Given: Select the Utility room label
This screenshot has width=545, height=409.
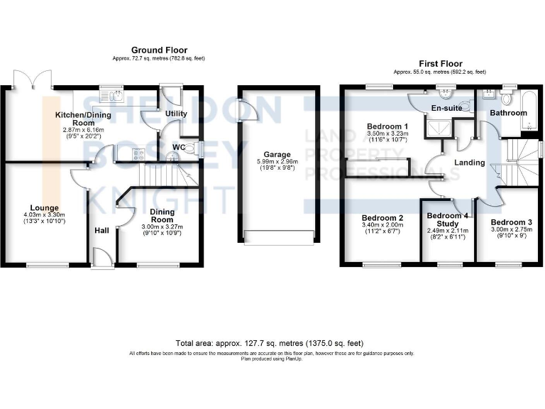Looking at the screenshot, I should click(175, 114).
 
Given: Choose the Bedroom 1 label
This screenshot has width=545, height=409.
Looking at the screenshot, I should click(382, 125).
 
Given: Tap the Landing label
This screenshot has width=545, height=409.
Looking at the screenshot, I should click(469, 163).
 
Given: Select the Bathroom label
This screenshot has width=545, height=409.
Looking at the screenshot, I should click(510, 113).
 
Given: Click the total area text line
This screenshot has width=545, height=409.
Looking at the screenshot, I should click(272, 342).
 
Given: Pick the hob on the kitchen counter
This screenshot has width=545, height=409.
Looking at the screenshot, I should click(137, 154).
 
